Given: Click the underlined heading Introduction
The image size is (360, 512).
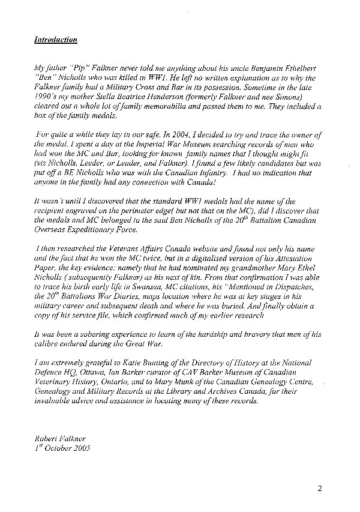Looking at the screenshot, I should tap(55, 40).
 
